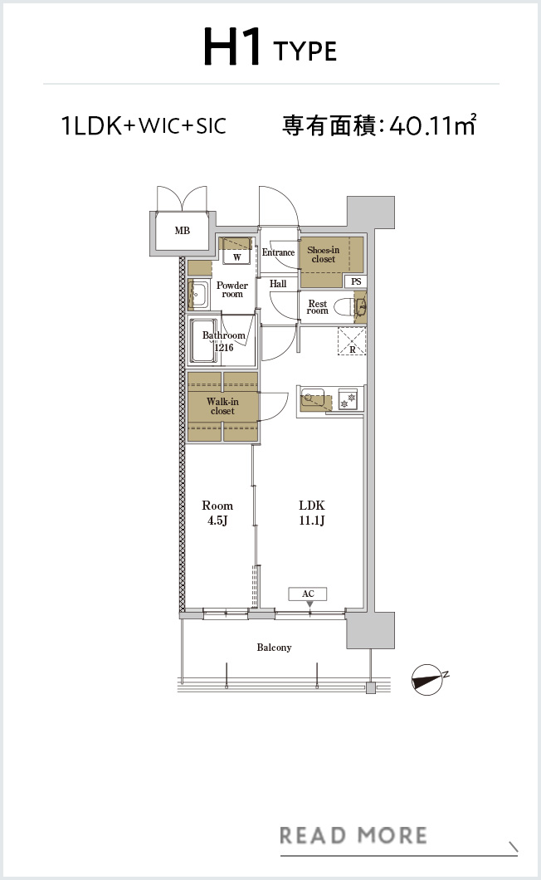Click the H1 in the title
232,47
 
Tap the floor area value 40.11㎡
432,125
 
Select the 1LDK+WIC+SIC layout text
144,125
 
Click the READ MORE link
353,835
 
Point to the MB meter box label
182,230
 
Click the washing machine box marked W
236,257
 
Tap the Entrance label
278,252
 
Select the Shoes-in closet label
324,254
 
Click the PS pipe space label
356,281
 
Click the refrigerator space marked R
352,341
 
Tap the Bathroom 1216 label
223,341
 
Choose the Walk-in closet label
222,406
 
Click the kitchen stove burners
348,399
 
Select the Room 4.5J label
217,512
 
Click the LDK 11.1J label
311,512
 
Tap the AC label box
308,594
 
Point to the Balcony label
274,647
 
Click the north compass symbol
428,679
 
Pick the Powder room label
232,289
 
